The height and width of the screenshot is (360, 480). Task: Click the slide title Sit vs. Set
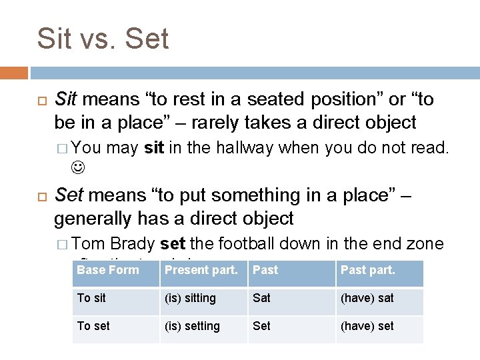tap(103, 39)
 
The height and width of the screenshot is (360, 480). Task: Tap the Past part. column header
tap(368, 270)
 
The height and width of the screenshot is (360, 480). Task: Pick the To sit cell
tap(92, 298)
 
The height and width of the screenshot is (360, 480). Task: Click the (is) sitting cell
tap(190, 298)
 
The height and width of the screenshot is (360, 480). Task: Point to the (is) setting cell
tap(192, 326)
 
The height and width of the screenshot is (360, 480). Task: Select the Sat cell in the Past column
tap(261, 298)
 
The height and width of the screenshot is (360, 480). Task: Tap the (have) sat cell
tap(367, 298)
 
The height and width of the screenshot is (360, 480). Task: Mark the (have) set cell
tap(367, 326)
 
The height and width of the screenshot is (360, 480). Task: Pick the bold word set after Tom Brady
tap(173, 243)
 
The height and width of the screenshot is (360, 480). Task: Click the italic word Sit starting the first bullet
tap(65, 100)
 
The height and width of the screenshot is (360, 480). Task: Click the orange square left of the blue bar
tap(14, 73)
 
